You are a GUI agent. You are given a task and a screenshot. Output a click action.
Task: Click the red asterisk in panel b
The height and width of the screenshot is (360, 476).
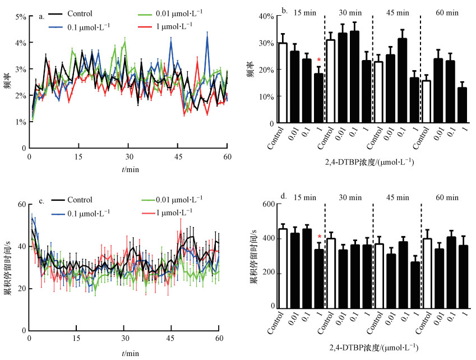(318, 61)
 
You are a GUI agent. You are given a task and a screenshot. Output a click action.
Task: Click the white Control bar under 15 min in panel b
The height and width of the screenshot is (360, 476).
(283, 82)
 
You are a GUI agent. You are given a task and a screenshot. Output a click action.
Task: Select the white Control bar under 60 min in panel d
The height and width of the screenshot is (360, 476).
(427, 273)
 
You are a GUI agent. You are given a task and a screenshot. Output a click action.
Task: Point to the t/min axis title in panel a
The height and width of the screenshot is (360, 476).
(128, 169)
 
